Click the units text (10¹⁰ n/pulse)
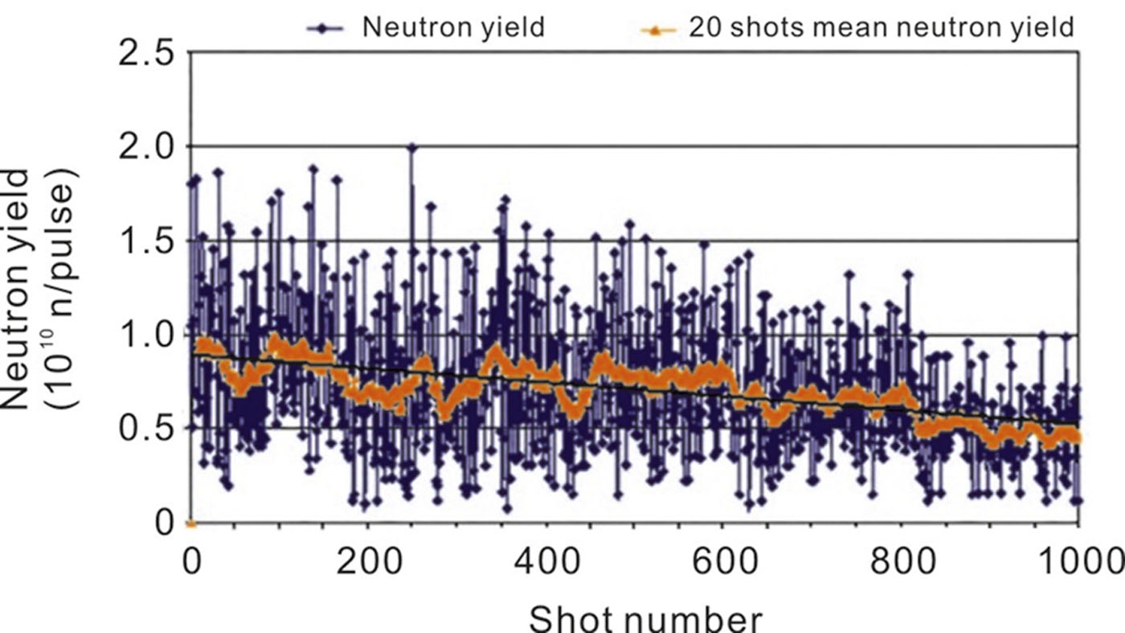tap(63, 290)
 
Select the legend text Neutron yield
tap(453, 27)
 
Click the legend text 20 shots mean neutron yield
tap(880, 27)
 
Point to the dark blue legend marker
tap(325, 28)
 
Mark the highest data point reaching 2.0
tap(411, 148)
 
